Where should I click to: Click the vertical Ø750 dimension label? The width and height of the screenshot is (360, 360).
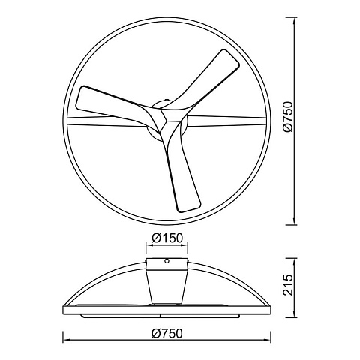click(x=287, y=116)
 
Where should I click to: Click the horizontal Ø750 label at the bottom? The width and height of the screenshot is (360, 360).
click(x=167, y=334)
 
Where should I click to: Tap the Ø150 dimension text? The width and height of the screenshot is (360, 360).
click(x=167, y=238)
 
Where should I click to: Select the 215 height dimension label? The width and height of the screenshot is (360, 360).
click(x=287, y=285)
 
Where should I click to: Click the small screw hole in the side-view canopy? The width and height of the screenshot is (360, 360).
click(x=166, y=261)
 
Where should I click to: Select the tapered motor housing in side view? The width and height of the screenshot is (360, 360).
click(x=166, y=287)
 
